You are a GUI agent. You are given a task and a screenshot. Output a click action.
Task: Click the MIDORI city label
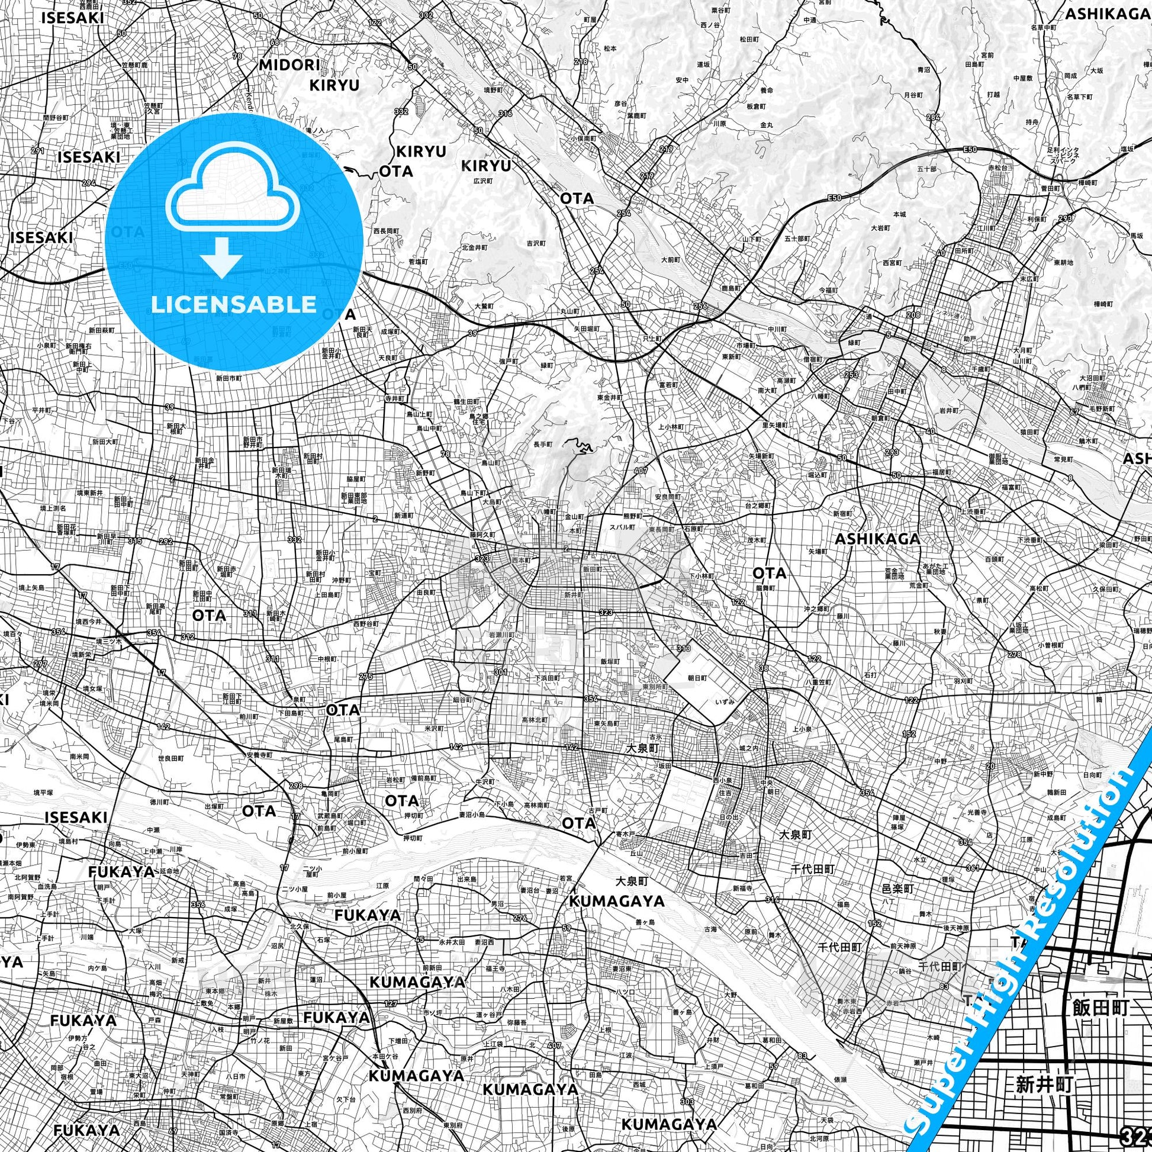click(x=289, y=65)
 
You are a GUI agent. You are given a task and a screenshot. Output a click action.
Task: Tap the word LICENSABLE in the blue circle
click(x=233, y=304)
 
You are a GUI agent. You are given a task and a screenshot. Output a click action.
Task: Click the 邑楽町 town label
click(x=897, y=889)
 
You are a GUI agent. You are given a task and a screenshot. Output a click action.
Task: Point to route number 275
click(x=365, y=676)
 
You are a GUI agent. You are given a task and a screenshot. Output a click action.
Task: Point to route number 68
click(x=275, y=43)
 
